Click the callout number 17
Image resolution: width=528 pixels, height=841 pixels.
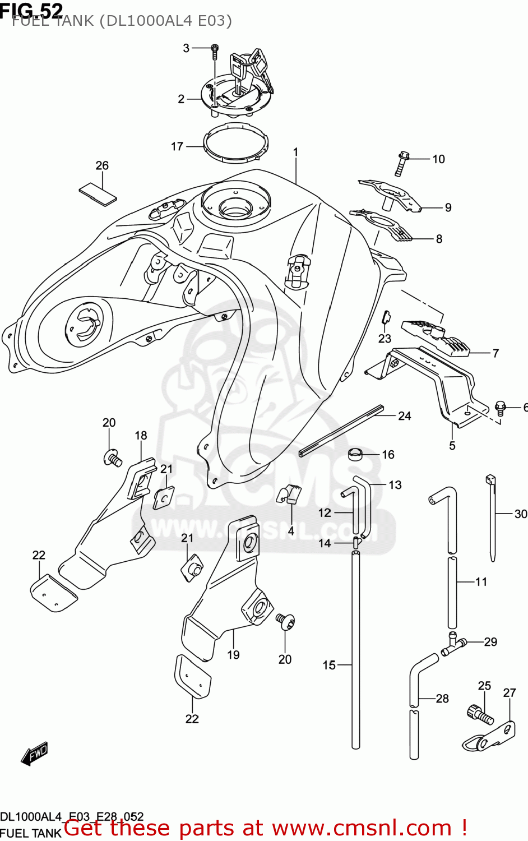[x=177, y=146]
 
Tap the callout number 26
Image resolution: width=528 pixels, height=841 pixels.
[x=102, y=165]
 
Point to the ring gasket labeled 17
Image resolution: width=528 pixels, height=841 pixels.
[x=236, y=142]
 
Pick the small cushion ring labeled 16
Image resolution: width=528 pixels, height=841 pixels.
[x=356, y=454]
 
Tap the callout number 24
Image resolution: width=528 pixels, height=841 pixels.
[x=405, y=416]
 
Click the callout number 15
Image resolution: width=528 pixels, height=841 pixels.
[x=329, y=665]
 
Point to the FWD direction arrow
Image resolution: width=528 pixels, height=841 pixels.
[x=35, y=754]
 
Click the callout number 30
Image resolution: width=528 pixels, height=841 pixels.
[x=521, y=514]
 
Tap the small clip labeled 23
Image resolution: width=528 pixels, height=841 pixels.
[x=385, y=318]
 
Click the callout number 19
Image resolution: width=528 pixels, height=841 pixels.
[x=233, y=654]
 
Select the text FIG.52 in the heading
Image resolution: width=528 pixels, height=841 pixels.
[x=31, y=10]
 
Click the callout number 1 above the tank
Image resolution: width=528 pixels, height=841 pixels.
[x=295, y=152]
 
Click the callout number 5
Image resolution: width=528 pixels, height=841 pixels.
[x=452, y=446]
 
